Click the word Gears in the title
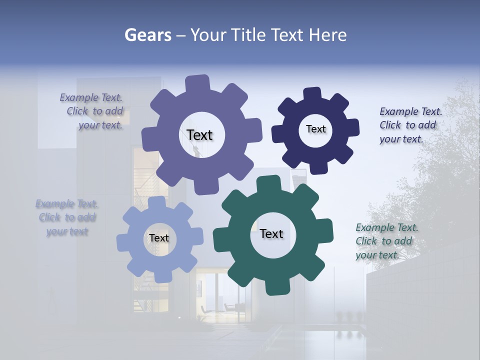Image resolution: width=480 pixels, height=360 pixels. coord(147,35)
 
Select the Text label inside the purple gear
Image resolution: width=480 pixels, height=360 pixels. coord(199,135)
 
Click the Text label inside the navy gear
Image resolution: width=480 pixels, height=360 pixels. coord(315,129)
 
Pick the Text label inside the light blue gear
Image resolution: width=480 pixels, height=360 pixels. coord(159,238)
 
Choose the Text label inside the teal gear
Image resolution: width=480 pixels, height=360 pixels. coord(271,233)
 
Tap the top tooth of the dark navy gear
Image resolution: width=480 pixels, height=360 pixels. coord(312,93)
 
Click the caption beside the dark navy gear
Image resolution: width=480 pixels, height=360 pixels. coord(410,125)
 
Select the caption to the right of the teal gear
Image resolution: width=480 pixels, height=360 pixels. coord(386,241)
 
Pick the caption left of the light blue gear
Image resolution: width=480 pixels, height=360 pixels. coord(67,217)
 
